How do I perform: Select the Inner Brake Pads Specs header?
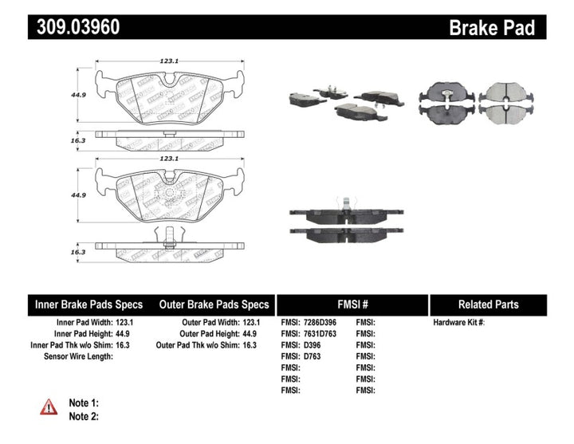pyautogui.click(x=88, y=305)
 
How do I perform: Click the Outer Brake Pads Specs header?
pyautogui.click(x=214, y=305)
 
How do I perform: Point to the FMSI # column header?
pyautogui.click(x=352, y=305)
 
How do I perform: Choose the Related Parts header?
pyautogui.click(x=488, y=305)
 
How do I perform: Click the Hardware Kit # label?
pyautogui.click(x=458, y=322)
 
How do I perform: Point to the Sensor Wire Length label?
pyautogui.click(x=78, y=356)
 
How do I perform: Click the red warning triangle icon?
pyautogui.click(x=49, y=407)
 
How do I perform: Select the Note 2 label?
pyautogui.click(x=84, y=416)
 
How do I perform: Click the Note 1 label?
pyautogui.click(x=84, y=403)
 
